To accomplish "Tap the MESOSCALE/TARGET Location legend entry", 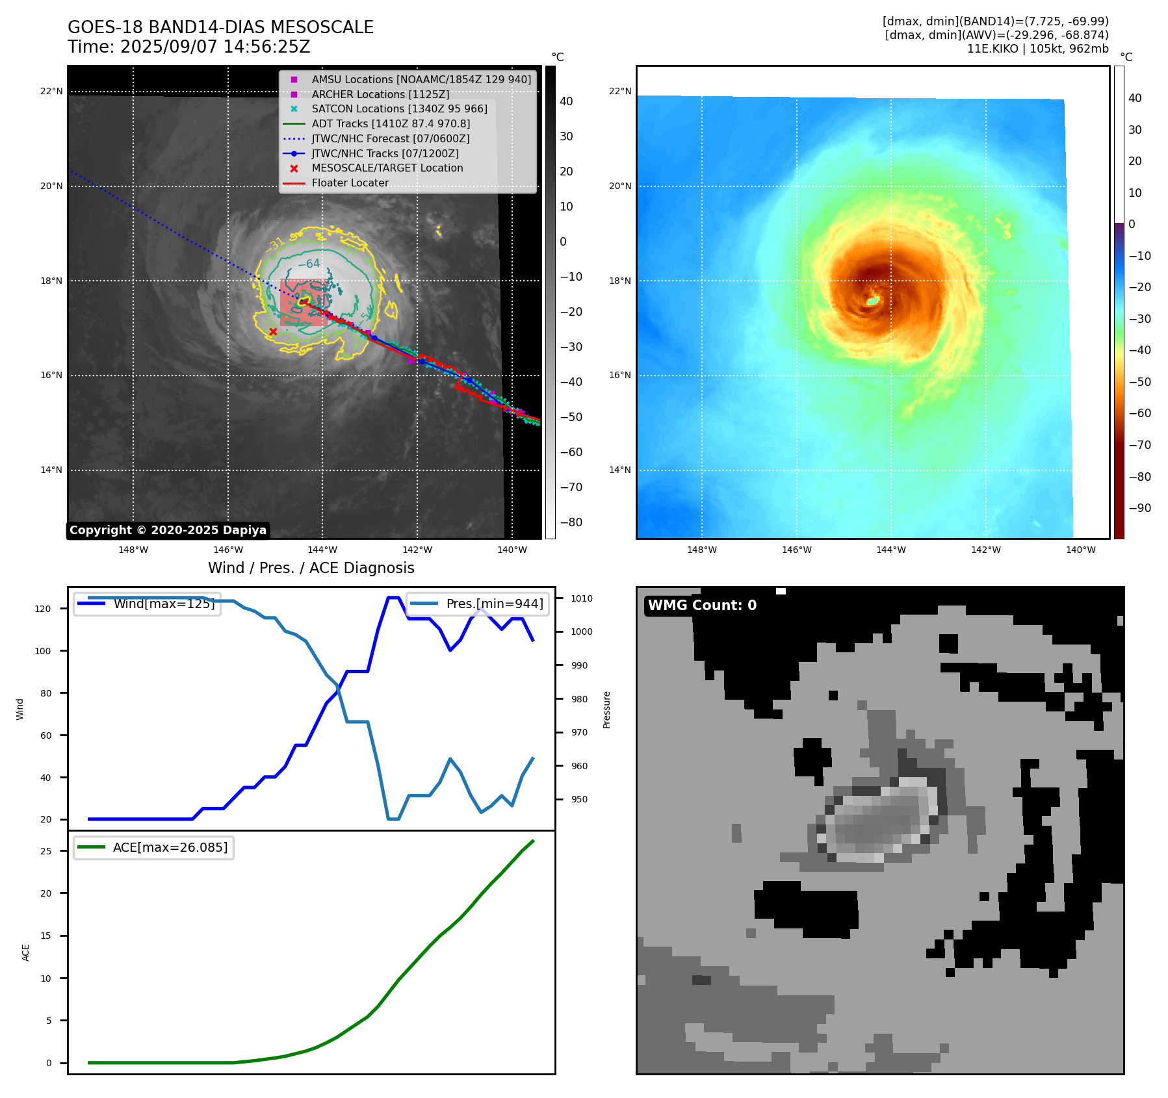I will pyautogui.click(x=387, y=168).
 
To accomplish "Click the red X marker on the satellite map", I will pyautogui.click(x=273, y=331).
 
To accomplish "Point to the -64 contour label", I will pyautogui.click(x=309, y=264).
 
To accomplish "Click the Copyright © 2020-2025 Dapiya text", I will pyautogui.click(x=168, y=530).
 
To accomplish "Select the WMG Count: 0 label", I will pyautogui.click(x=702, y=605).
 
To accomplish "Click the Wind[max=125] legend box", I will pyautogui.click(x=147, y=604).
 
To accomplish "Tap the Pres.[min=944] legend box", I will pyautogui.click(x=478, y=604).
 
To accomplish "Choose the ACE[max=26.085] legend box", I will pyautogui.click(x=153, y=847).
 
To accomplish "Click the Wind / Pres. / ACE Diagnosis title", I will pyautogui.click(x=311, y=568).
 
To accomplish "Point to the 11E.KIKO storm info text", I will pyautogui.click(x=1037, y=49).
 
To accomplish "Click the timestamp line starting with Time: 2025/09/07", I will pyautogui.click(x=189, y=47).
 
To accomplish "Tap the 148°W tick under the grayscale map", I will pyautogui.click(x=133, y=550).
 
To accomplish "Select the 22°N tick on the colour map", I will pyautogui.click(x=619, y=91).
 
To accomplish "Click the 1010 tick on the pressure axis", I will pyautogui.click(x=582, y=598).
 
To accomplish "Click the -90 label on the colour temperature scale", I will pyautogui.click(x=1139, y=508).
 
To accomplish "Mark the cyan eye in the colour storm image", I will pyautogui.click(x=872, y=301).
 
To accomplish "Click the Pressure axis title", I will pyautogui.click(x=606, y=709).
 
